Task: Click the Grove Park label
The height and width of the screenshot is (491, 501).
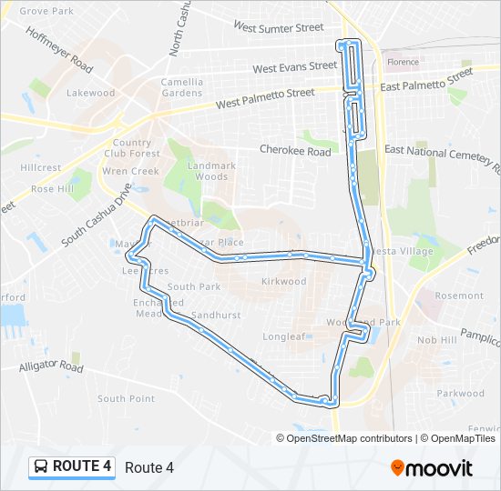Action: click(46, 11)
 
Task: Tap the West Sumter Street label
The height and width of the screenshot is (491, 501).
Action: click(278, 27)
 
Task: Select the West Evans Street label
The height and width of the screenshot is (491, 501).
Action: click(294, 67)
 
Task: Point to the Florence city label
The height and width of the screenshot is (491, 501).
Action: click(403, 62)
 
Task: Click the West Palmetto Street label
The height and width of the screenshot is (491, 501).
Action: click(265, 98)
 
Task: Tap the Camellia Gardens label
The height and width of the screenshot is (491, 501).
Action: click(182, 86)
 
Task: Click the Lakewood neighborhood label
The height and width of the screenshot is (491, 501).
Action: click(90, 93)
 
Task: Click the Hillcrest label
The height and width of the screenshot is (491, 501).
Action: click(40, 167)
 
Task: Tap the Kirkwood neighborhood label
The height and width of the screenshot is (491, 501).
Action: click(283, 282)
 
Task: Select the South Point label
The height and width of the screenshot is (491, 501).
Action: click(126, 398)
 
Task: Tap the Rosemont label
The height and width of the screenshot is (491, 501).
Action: click(459, 296)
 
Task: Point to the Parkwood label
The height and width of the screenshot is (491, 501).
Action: click(461, 394)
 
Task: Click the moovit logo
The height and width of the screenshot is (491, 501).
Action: click(432, 467)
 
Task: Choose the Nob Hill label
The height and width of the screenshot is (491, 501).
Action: click(436, 339)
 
